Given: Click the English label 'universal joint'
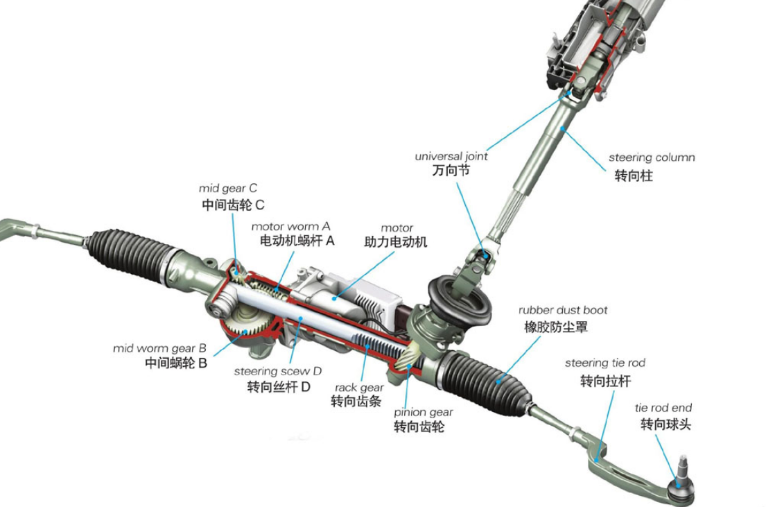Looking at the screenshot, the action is [x=451, y=157].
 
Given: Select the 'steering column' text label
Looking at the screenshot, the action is [x=652, y=157].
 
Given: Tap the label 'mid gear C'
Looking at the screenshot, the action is [x=227, y=188].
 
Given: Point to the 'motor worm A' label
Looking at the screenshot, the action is [x=290, y=226].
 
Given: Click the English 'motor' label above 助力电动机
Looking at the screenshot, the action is [x=397, y=227].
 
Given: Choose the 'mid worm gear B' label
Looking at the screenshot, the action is [x=159, y=348].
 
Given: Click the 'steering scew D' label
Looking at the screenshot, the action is [x=278, y=371].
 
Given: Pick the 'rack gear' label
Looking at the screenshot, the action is [x=359, y=388].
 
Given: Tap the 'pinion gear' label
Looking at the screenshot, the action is [x=423, y=413].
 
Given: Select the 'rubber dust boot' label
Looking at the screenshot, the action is [x=563, y=310].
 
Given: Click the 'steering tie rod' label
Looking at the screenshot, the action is [x=604, y=363].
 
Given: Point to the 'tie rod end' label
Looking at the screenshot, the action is [x=663, y=408].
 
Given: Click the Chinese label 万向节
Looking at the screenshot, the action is [x=451, y=171].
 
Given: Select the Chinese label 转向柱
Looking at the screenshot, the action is [x=633, y=175].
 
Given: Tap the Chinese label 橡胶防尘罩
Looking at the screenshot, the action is [x=555, y=327].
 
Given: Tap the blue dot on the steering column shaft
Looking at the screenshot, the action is [x=563, y=129].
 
